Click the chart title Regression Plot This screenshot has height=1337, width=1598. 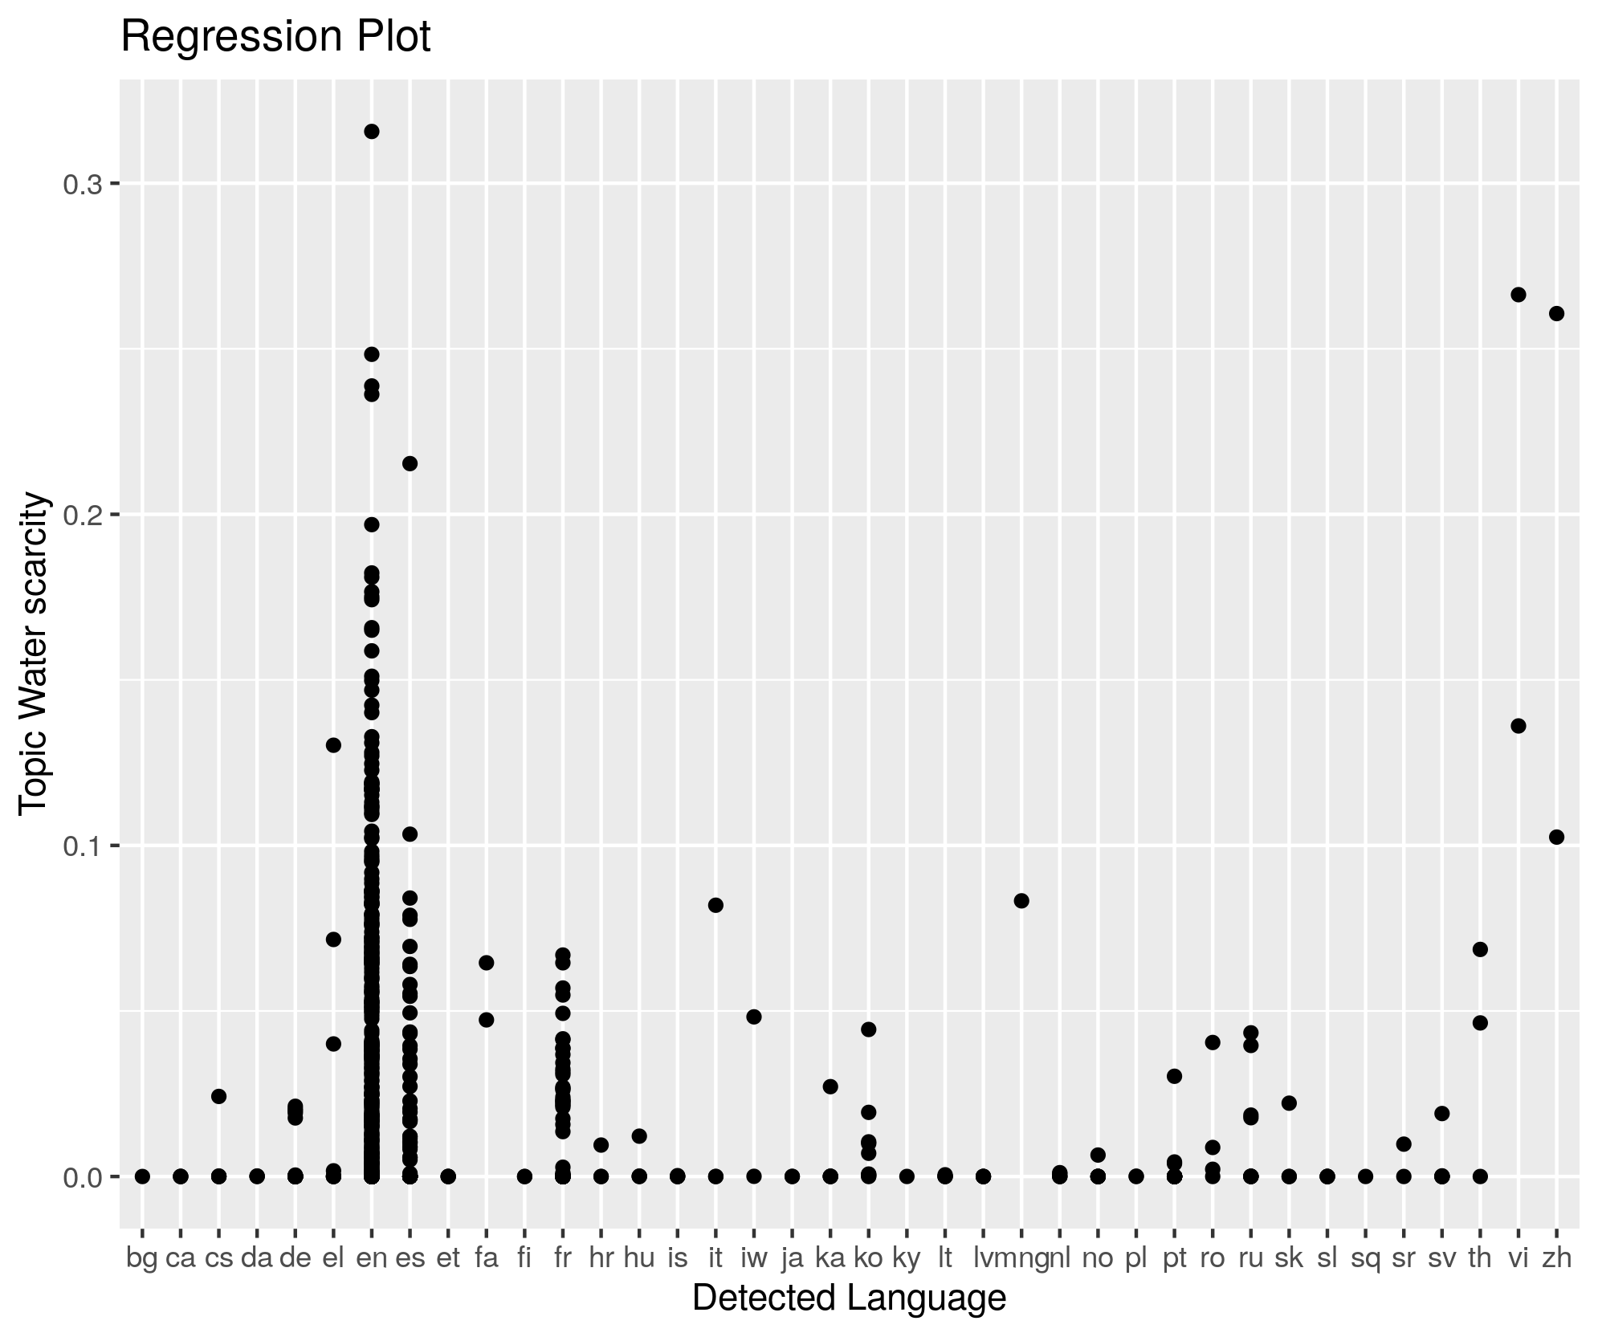tap(275, 37)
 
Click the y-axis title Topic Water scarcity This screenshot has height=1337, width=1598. tap(35, 654)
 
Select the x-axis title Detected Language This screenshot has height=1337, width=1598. tap(849, 1298)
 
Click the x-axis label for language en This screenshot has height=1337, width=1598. tap(371, 1258)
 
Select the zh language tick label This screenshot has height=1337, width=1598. tap(1556, 1258)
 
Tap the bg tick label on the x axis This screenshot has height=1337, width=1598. tap(142, 1258)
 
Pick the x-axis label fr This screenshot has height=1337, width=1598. tap(562, 1258)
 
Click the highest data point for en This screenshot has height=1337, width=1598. tap(372, 132)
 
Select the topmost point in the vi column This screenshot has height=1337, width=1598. tap(1518, 295)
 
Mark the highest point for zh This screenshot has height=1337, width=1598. tap(1556, 313)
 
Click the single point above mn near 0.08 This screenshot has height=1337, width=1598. tap(1021, 901)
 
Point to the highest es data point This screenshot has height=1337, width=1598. tap(410, 463)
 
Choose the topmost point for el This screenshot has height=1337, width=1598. tap(333, 745)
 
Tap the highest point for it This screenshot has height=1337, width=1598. tap(715, 905)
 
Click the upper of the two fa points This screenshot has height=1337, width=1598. tap(486, 963)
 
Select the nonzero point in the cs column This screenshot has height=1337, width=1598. tap(218, 1096)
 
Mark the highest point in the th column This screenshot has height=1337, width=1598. tap(1480, 949)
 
